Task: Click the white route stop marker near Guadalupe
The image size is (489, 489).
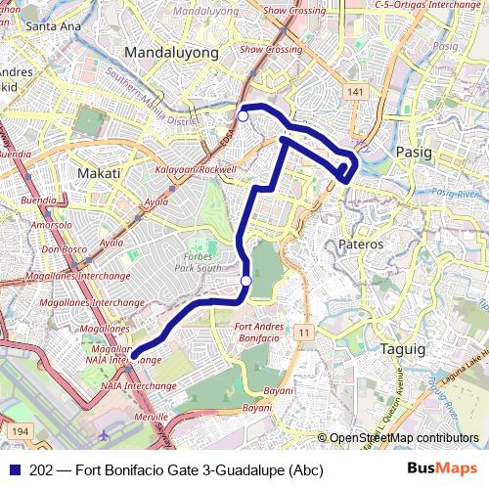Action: (243, 116)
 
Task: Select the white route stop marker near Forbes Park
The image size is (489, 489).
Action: (246, 282)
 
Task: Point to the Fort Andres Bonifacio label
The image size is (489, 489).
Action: (258, 331)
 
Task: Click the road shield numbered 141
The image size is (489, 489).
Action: (353, 91)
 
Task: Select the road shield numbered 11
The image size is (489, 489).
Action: (304, 334)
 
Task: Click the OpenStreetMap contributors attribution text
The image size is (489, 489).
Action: (403, 439)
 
